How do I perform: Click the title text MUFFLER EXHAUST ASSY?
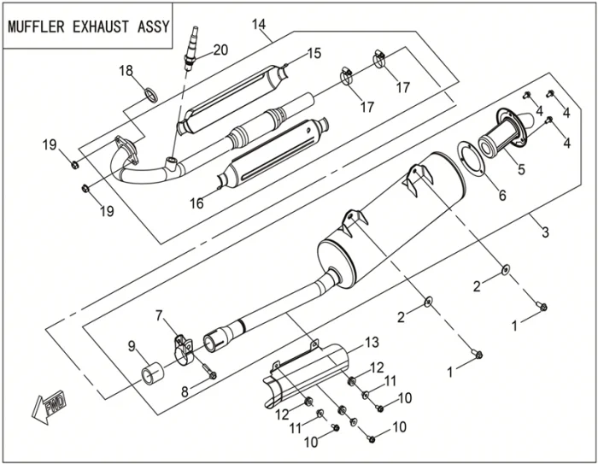point(88,26)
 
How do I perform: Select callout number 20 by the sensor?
point(220,50)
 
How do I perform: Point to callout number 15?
point(314,54)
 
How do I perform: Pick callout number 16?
point(196,203)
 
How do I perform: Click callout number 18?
point(126,71)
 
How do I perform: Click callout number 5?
point(520,170)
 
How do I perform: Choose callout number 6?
point(502,196)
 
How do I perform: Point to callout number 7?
point(158,316)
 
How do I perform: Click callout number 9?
point(132,346)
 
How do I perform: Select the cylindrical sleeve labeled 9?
point(154,373)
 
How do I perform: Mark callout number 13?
point(371,343)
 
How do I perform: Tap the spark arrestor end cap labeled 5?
point(505,137)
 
